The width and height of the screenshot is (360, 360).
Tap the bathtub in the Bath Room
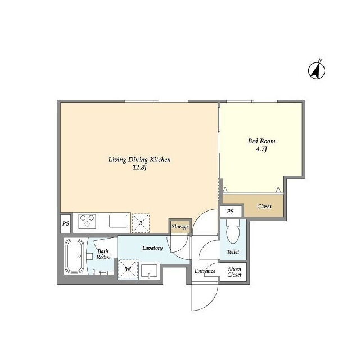(74, 256)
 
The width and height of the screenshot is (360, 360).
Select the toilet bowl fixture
(233, 231)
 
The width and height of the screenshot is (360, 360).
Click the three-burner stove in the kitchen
(87, 221)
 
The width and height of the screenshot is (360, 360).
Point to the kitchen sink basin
(118, 221)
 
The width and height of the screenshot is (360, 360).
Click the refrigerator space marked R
(141, 223)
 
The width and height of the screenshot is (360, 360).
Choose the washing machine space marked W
(128, 269)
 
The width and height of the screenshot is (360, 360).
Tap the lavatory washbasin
(150, 271)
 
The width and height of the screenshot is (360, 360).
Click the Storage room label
(180, 227)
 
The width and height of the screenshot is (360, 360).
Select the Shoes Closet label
(235, 272)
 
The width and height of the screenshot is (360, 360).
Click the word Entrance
(205, 271)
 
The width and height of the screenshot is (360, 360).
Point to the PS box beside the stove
(66, 223)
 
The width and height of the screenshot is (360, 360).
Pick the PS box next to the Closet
(231, 211)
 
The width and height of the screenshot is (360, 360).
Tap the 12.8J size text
(140, 168)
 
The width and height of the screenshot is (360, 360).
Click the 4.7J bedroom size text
(262, 149)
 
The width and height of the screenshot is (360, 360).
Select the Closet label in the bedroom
(264, 206)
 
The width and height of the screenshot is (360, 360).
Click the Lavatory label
(152, 248)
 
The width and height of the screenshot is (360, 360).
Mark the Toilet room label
(233, 251)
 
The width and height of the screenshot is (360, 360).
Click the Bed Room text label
(262, 141)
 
